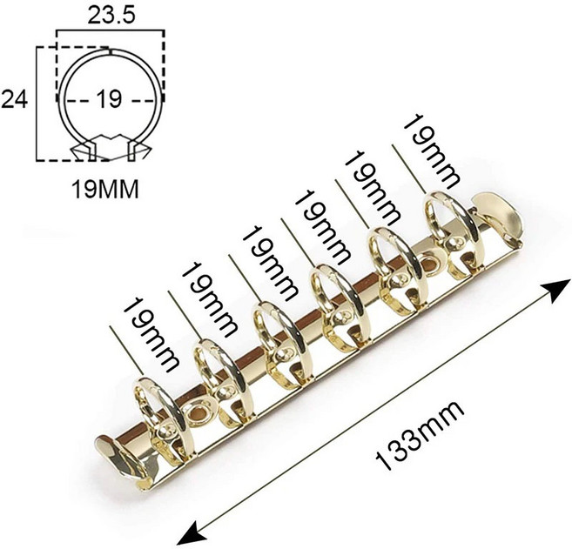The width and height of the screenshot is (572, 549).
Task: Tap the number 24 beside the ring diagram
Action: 15,99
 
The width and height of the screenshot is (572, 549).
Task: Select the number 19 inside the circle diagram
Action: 109,99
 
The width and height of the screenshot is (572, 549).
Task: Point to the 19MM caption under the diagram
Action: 105,189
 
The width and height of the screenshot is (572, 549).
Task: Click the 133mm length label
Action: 420,435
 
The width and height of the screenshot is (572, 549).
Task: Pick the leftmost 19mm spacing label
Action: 151,334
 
